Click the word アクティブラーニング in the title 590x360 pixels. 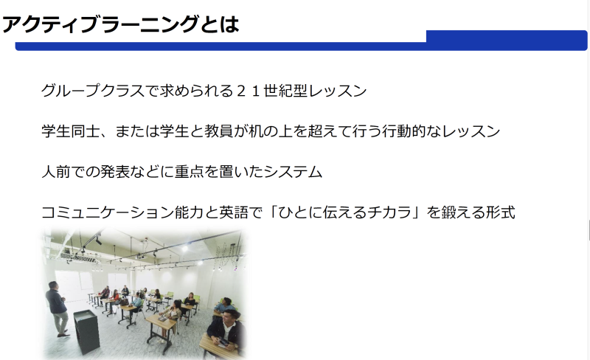[100, 24]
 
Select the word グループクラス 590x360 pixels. [93, 91]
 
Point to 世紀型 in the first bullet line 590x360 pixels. [285, 91]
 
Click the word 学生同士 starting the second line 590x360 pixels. [71, 131]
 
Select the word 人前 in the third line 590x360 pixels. [56, 172]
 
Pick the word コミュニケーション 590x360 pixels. [108, 212]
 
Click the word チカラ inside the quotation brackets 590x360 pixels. [389, 212]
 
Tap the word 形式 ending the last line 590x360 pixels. [501, 212]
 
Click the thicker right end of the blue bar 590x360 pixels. [507, 40]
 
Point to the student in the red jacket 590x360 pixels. [114, 297]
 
